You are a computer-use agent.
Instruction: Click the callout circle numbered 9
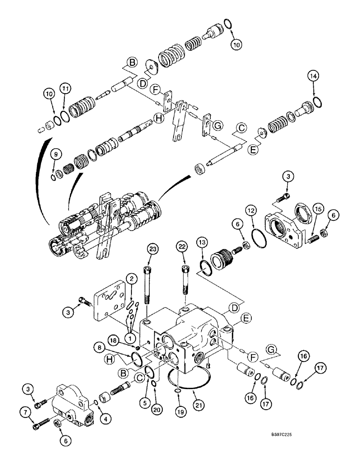pyautogui.click(x=55, y=154)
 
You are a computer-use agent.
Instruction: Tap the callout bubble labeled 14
pyautogui.click(x=313, y=75)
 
